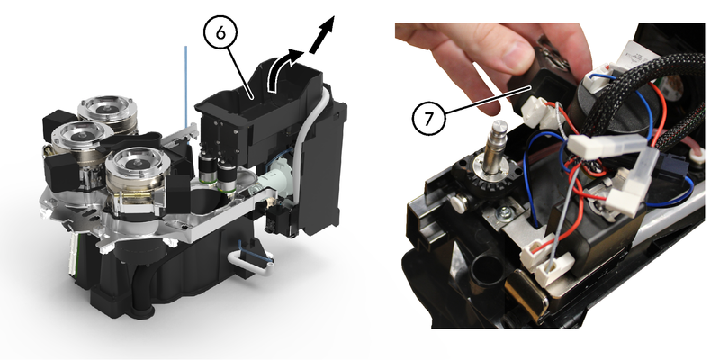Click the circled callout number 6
click(x=220, y=32)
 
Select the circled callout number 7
click(x=429, y=119)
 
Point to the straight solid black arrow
click(x=322, y=35)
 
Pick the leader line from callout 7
click(x=489, y=100)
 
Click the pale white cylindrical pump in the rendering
click(x=274, y=183)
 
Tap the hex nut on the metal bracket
click(x=505, y=211)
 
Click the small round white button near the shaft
click(x=457, y=200)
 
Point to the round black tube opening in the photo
click(x=486, y=272)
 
